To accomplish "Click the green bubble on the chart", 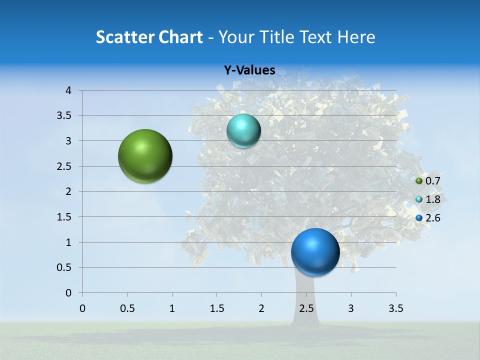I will click(145, 156).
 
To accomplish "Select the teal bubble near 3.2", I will click(243, 131).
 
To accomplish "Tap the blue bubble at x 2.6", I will click(315, 252).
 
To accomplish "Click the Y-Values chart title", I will click(249, 70).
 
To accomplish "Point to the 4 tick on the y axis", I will click(68, 90).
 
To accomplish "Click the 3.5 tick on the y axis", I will click(64, 116).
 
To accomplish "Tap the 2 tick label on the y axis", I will click(68, 191).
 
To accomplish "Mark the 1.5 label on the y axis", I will click(64, 217).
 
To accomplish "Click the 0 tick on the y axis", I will click(68, 293).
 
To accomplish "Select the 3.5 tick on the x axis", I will click(396, 308).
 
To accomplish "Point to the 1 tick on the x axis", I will click(172, 308).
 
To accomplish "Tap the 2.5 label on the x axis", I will click(306, 308).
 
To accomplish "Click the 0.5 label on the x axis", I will click(127, 308).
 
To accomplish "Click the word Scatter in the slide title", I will click(125, 37).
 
